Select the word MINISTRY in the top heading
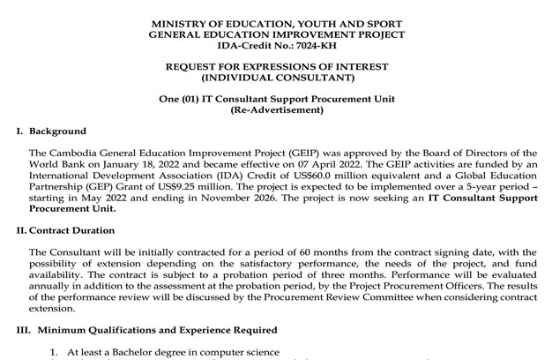(x=181, y=20)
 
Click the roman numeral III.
(x=22, y=329)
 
